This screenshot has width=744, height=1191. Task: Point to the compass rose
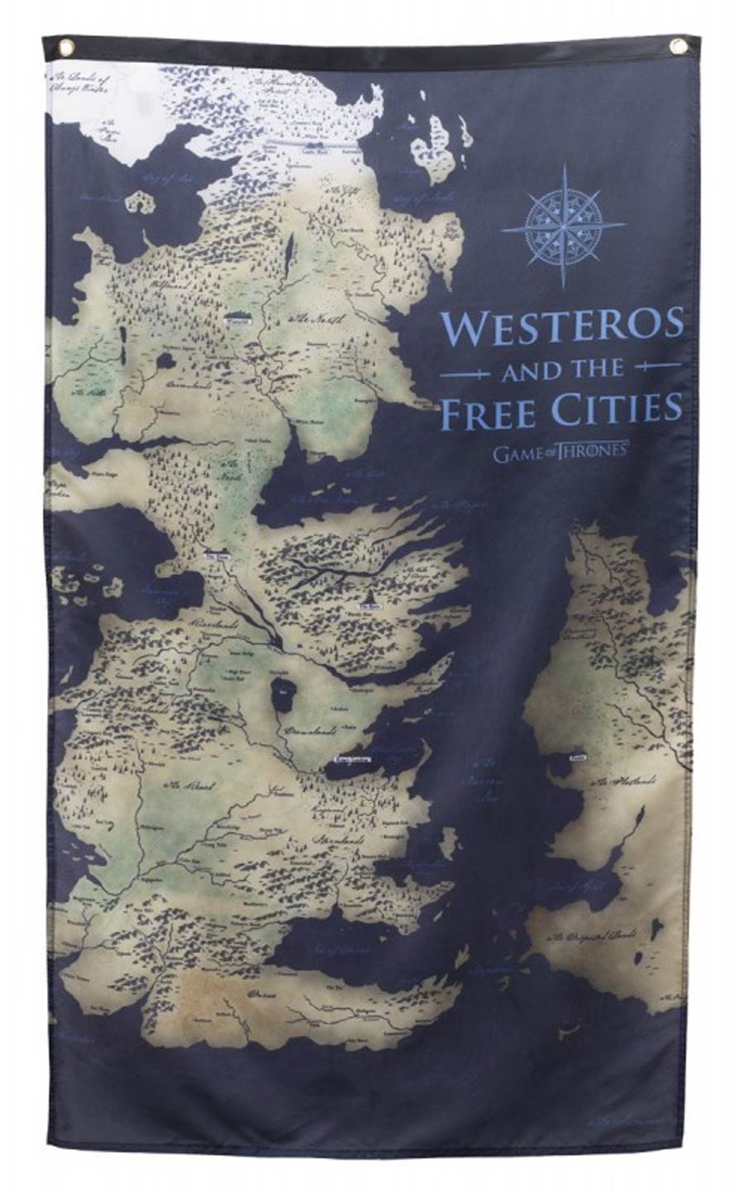point(563,225)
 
